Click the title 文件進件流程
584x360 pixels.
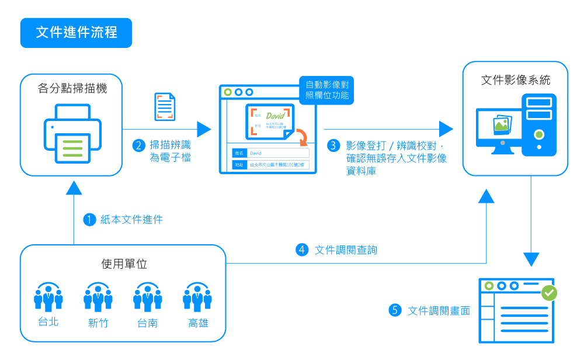coord(77,33)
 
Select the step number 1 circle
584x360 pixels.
coord(89,220)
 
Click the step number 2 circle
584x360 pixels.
coord(139,146)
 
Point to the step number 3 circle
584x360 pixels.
coord(333,146)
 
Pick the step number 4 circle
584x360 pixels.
coord(302,250)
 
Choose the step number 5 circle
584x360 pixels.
coord(395,310)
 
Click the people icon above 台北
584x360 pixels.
coord(48,297)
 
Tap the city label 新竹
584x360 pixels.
coord(98,323)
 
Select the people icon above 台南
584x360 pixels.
coord(148,297)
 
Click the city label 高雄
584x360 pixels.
coord(198,323)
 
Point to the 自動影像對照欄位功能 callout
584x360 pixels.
coord(327,90)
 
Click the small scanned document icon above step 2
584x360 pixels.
coord(165,107)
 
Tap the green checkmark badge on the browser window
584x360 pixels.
coord(549,292)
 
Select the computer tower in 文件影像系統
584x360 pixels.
coord(539,124)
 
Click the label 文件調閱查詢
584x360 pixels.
coord(346,250)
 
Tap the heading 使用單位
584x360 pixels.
coord(124,264)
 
